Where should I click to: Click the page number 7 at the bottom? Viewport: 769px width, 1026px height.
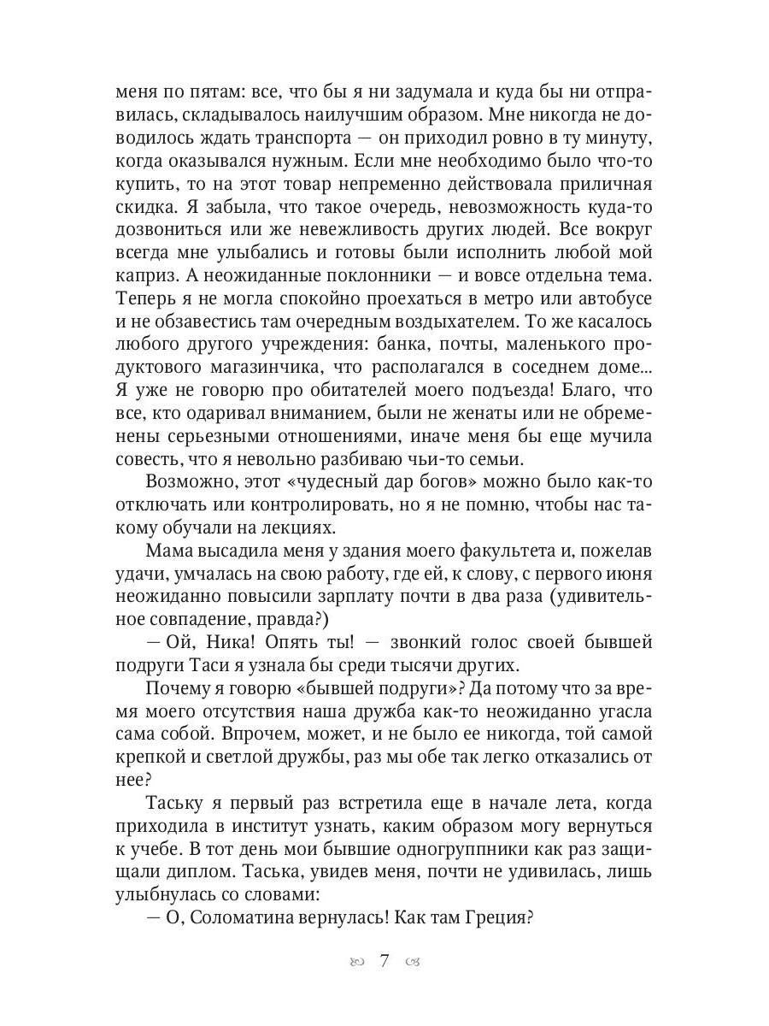[384, 960]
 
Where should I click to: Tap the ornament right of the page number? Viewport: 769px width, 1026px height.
[414, 961]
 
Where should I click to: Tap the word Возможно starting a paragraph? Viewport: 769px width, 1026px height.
[185, 481]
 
